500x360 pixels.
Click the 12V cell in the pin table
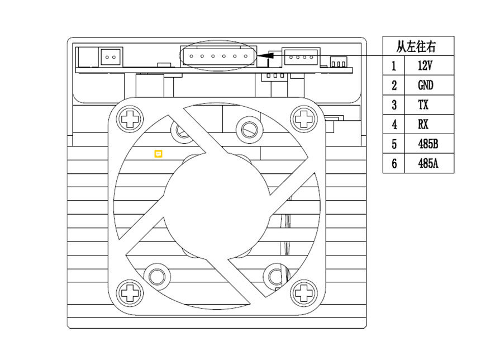425,66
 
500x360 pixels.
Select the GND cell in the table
425,85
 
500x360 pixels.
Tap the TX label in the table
423,105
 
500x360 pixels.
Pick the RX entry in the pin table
423,124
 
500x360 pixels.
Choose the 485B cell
428,144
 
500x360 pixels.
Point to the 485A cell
428,163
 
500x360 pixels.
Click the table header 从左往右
416,46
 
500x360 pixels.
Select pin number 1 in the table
394,66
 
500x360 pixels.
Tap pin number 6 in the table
394,163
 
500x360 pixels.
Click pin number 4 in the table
394,124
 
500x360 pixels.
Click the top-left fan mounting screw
130,119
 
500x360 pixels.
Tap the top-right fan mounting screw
304,119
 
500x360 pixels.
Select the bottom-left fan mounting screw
130,293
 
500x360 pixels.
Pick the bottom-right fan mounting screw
303,293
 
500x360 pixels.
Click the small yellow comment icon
158,154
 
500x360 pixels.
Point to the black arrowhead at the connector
265,55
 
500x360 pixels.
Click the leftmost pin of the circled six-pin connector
191,56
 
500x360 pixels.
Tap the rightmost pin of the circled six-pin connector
246,56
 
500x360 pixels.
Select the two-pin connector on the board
110,57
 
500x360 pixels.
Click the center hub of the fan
217,206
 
